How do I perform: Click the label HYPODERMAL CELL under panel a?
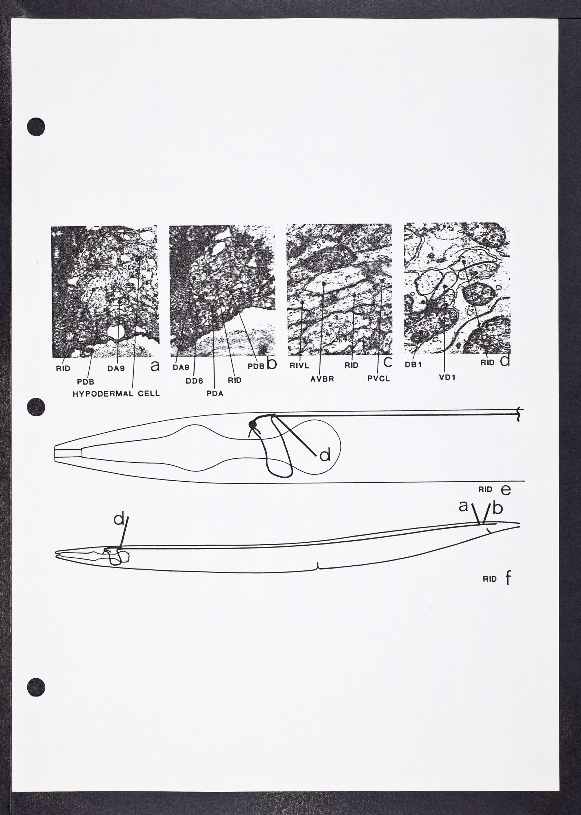pyautogui.click(x=116, y=394)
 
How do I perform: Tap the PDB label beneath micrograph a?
pyautogui.click(x=86, y=382)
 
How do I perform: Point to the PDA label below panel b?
pyautogui.click(x=214, y=394)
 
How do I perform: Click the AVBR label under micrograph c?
pyautogui.click(x=322, y=379)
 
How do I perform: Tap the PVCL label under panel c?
pyautogui.click(x=378, y=379)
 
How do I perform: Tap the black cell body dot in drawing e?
pyautogui.click(x=252, y=424)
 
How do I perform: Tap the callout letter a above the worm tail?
pyautogui.click(x=463, y=506)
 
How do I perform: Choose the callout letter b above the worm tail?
pyautogui.click(x=498, y=508)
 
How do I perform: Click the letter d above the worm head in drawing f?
pyautogui.click(x=118, y=529)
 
